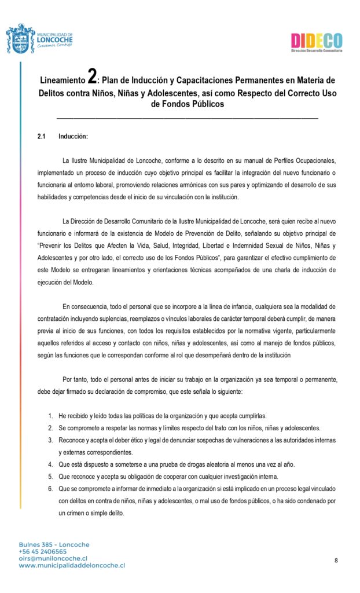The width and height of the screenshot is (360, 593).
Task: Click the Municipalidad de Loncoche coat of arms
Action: pyautogui.click(x=20, y=39)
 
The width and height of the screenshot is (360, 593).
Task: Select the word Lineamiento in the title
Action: pyautogui.click(x=63, y=79)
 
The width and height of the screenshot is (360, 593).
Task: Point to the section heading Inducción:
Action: pyautogui.click(x=73, y=137)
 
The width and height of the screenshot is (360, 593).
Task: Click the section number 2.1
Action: pyautogui.click(x=42, y=137)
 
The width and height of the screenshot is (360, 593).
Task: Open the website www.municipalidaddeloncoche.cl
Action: pyautogui.click(x=72, y=565)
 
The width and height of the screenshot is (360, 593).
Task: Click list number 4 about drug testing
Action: pyautogui.click(x=51, y=464)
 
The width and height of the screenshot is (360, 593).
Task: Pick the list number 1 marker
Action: pyautogui.click(x=51, y=416)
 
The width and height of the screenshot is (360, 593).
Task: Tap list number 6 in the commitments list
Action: pyautogui.click(x=51, y=489)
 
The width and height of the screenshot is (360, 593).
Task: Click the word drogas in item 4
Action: pyautogui.click(x=191, y=464)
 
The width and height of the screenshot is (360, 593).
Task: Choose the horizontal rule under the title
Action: pyautogui.click(x=187, y=118)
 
